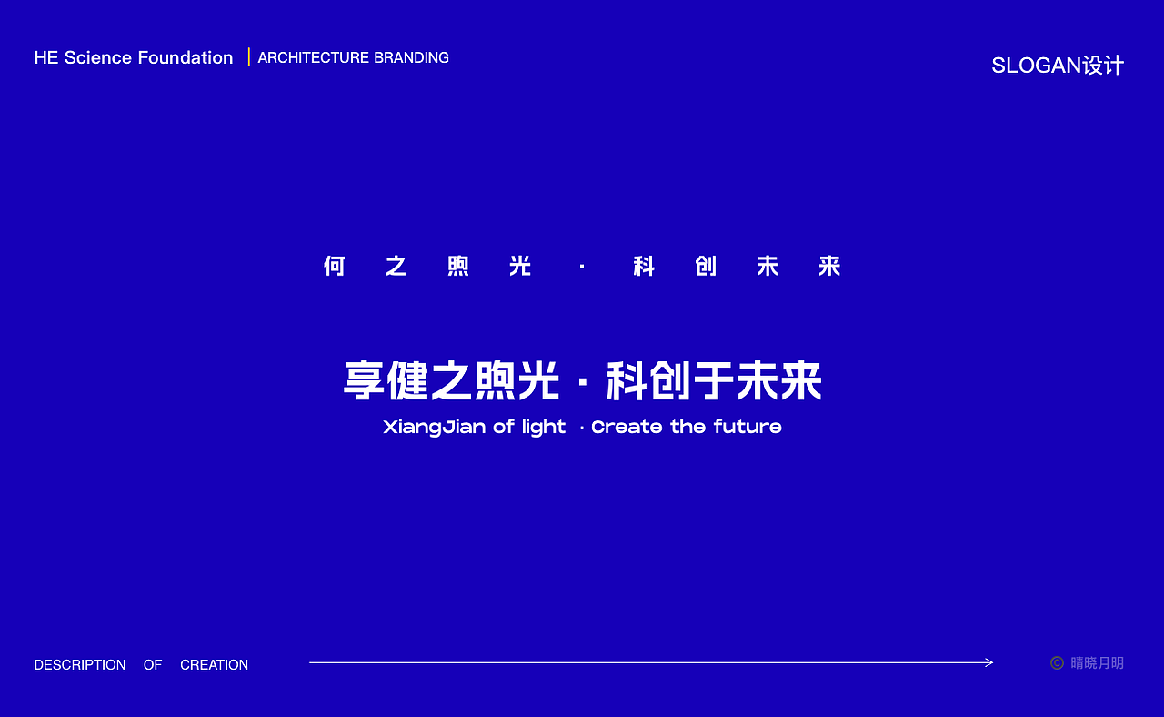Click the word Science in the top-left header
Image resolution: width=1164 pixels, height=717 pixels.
pos(98,57)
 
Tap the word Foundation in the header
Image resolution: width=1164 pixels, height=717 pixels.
pos(186,57)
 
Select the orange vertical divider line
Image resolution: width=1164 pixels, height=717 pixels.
pos(248,56)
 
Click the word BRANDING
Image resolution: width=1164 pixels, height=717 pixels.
pos(412,57)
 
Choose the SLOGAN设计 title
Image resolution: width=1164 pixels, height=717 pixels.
pos(1058,66)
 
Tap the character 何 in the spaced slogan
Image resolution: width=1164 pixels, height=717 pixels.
pos(335,266)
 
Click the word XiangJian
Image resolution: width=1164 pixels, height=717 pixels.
pos(435,427)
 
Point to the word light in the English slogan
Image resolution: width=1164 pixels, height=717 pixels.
pos(544,427)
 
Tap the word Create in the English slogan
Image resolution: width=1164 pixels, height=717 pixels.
pos(627,427)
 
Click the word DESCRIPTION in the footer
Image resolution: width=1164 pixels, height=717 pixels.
pos(80,665)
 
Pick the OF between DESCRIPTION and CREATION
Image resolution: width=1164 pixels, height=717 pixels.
pos(153,665)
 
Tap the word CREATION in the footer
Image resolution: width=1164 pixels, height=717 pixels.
pos(214,665)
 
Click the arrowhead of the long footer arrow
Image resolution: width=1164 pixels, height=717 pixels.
pos(989,662)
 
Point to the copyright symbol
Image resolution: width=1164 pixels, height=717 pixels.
pos(1057,663)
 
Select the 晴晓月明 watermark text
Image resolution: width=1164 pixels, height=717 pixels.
pos(1097,663)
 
